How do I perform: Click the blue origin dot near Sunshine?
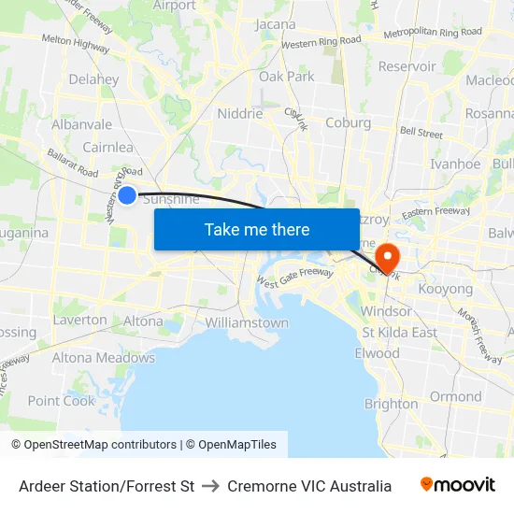pos(127,194)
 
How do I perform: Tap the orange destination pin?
pos(386,255)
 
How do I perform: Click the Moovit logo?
pos(458,485)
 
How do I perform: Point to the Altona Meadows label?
pos(104,358)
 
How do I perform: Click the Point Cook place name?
pos(62,401)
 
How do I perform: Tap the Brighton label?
pos(391,404)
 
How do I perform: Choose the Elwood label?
pos(377,353)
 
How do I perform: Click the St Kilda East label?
pos(399,333)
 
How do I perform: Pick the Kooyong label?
pos(445,290)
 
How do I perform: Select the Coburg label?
pos(349,122)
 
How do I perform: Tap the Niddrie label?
pos(239,113)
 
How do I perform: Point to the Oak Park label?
pos(287,77)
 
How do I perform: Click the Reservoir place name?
pos(407,66)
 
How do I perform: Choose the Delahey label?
pos(93,79)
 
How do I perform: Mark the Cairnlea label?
pos(107,147)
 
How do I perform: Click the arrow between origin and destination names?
pos(210,486)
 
